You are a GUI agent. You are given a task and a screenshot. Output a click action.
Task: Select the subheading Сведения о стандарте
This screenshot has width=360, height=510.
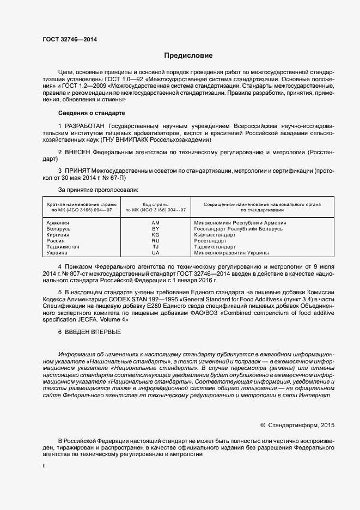91,113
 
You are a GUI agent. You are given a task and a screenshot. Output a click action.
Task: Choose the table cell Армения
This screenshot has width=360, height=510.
58,223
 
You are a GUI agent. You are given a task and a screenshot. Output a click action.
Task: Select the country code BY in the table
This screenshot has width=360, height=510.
155,229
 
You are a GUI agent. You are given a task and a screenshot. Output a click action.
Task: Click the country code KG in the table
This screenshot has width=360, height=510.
155,235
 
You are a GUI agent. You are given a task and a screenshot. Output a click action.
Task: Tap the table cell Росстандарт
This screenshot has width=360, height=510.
210,241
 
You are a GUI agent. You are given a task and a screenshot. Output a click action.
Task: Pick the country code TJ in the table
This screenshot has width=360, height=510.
155,247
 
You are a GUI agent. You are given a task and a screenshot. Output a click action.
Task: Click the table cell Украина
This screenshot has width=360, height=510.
57,253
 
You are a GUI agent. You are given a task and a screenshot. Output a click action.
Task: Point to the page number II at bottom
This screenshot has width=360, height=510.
44,466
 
